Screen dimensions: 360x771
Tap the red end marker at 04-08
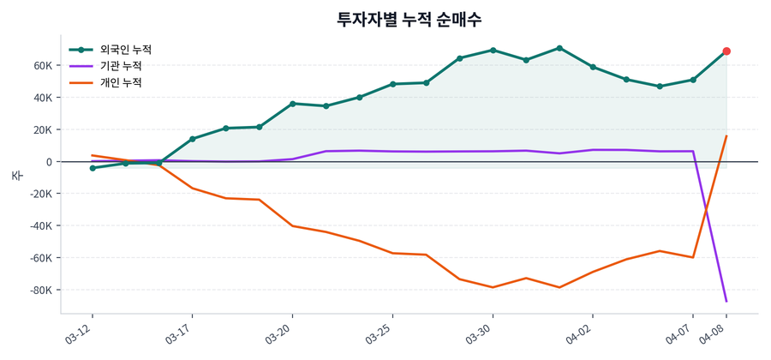[726, 51]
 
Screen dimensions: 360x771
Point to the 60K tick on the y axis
[44, 65]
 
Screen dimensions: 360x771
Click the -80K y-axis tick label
[41, 290]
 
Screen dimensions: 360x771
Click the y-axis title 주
[16, 175]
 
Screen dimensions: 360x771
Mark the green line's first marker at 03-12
[93, 168]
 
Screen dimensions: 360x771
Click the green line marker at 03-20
[293, 104]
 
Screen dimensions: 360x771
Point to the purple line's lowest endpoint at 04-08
[726, 302]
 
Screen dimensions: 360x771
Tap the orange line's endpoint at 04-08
[726, 135]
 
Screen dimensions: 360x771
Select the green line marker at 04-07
[693, 80]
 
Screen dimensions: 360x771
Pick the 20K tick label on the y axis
[44, 129]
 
